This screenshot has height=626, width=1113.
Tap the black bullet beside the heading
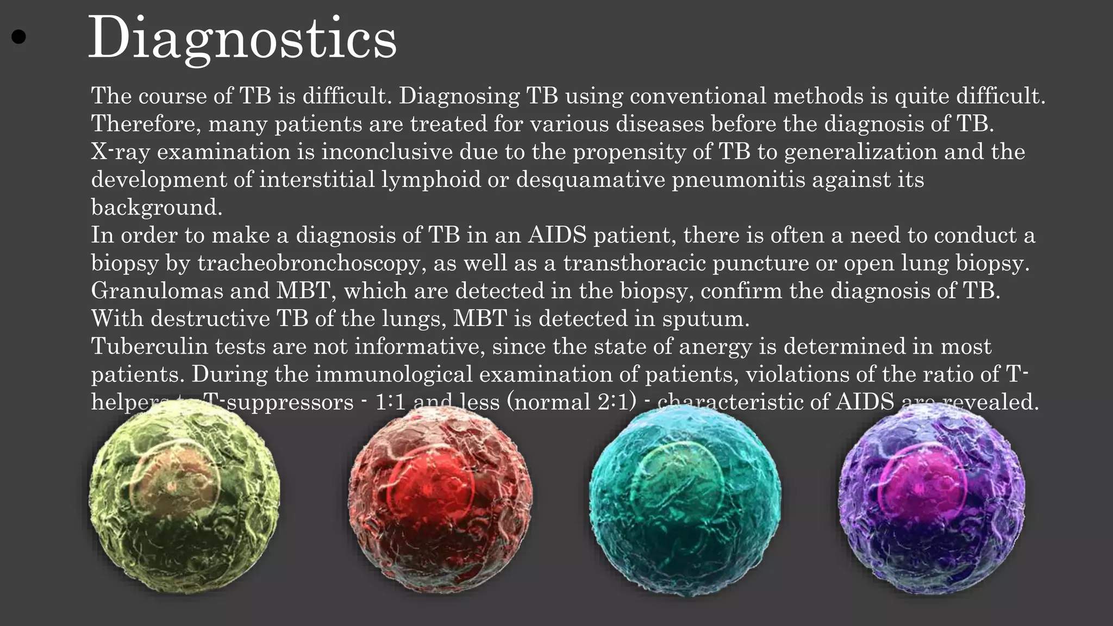tap(18, 37)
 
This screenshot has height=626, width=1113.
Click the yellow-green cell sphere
tap(184, 497)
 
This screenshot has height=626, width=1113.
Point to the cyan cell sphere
tap(685, 500)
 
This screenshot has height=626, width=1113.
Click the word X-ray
tap(120, 152)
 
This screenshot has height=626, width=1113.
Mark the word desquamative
tap(590, 179)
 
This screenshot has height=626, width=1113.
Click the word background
tap(156, 208)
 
